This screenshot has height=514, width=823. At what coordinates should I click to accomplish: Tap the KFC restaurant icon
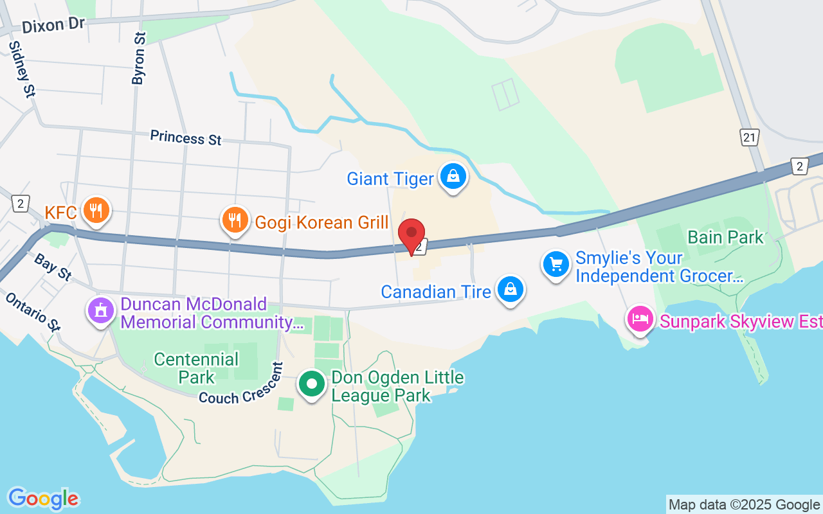click(x=96, y=210)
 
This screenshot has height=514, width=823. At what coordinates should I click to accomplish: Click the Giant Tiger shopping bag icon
click(x=453, y=175)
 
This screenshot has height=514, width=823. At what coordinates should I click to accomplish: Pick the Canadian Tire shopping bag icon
click(x=510, y=289)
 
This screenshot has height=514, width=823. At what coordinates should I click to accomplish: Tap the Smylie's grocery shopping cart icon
click(x=556, y=264)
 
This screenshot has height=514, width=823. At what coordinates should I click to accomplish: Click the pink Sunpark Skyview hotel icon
click(x=641, y=318)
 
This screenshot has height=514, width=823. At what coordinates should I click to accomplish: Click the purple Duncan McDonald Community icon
click(x=100, y=311)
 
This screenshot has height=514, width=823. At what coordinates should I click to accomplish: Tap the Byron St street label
click(x=139, y=58)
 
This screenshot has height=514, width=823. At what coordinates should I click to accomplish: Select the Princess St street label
click(x=185, y=137)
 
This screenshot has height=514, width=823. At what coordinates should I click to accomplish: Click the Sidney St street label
click(x=21, y=69)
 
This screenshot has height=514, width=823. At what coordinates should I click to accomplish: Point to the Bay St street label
click(x=53, y=267)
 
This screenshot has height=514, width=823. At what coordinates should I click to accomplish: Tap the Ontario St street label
click(x=33, y=312)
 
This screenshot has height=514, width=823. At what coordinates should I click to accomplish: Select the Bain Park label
click(x=725, y=237)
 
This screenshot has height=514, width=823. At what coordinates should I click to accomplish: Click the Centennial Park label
click(x=196, y=368)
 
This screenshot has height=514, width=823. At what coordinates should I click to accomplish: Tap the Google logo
click(x=43, y=498)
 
